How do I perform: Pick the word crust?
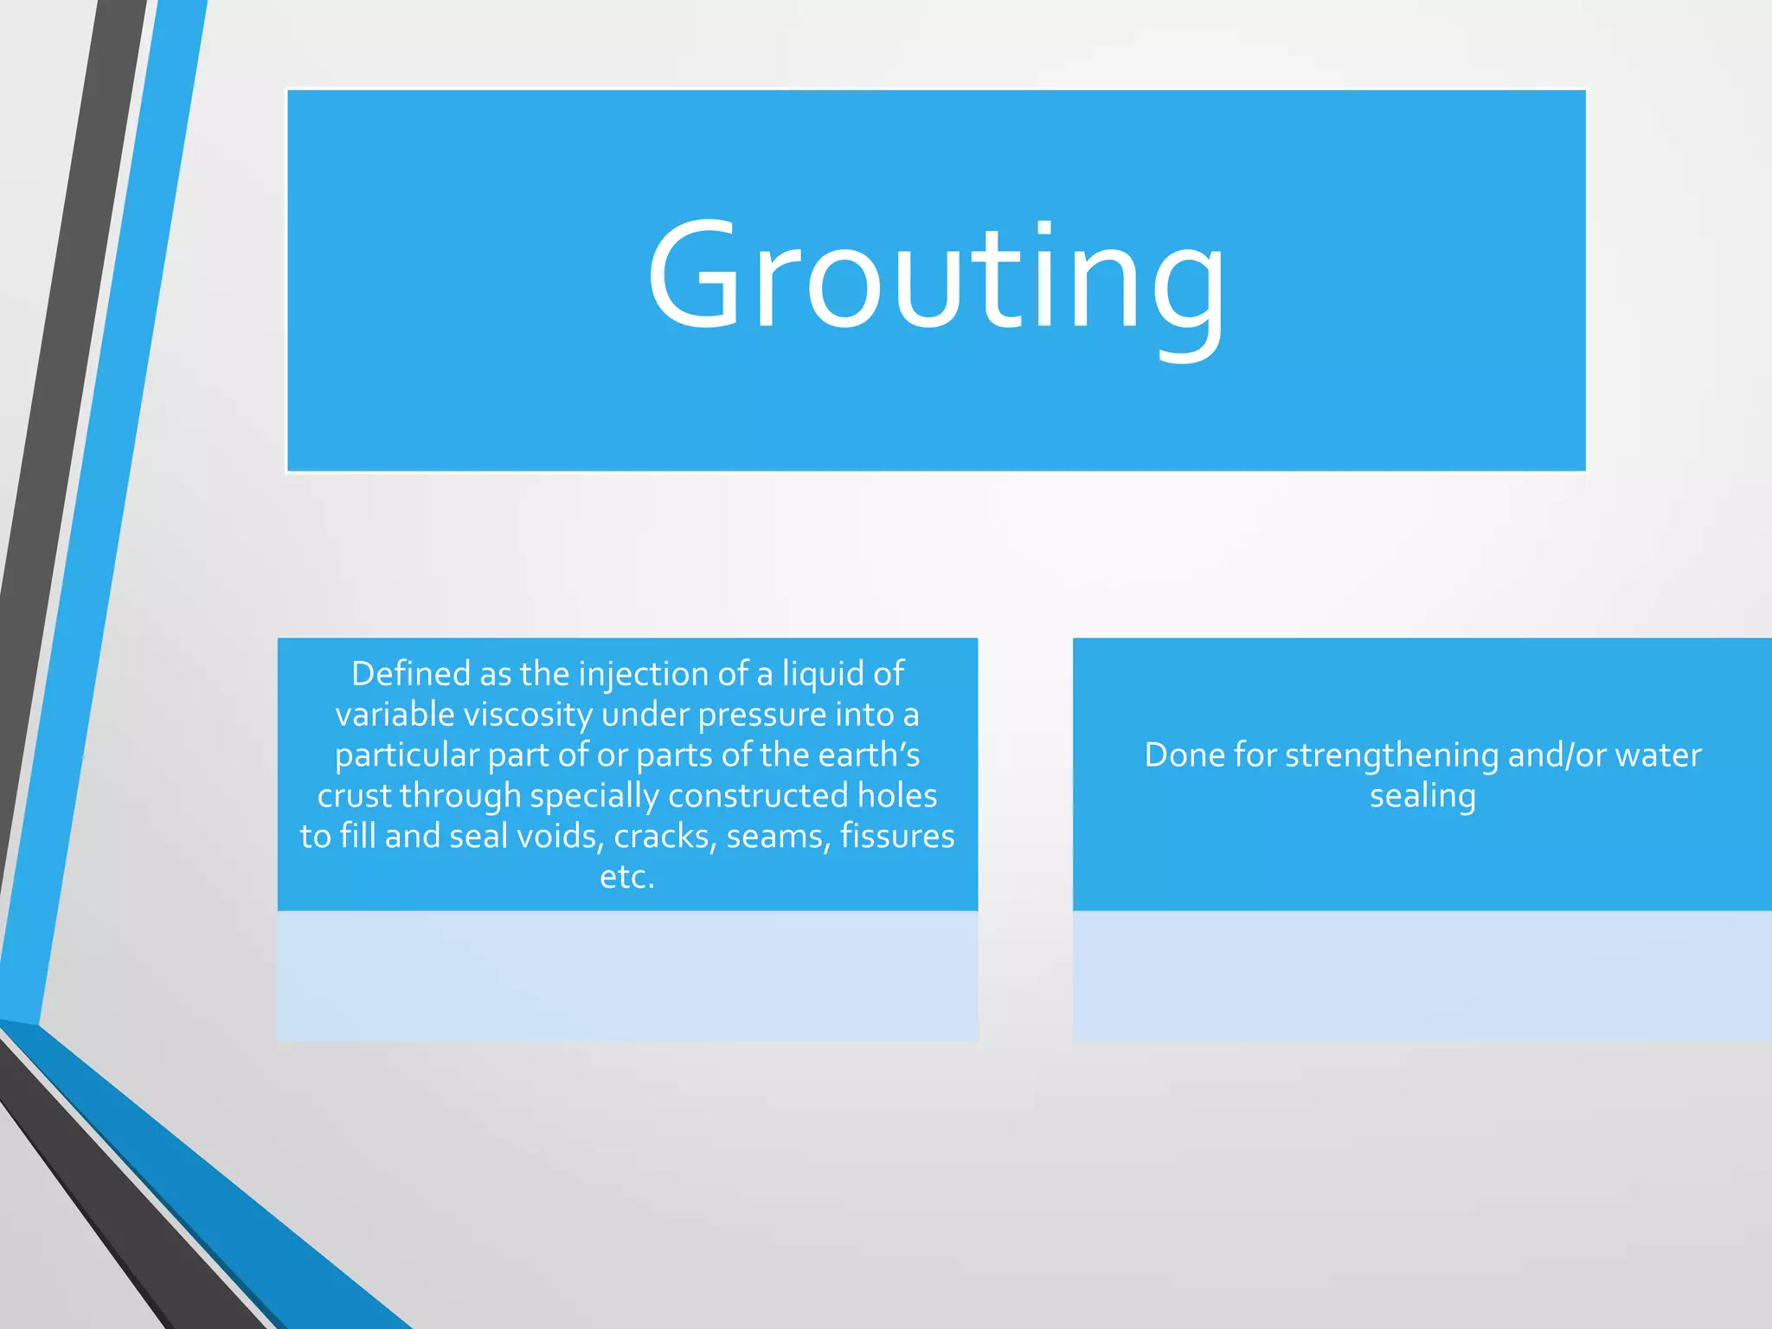click(x=354, y=796)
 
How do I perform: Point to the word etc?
click(x=627, y=877)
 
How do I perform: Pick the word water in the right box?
click(x=1659, y=755)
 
